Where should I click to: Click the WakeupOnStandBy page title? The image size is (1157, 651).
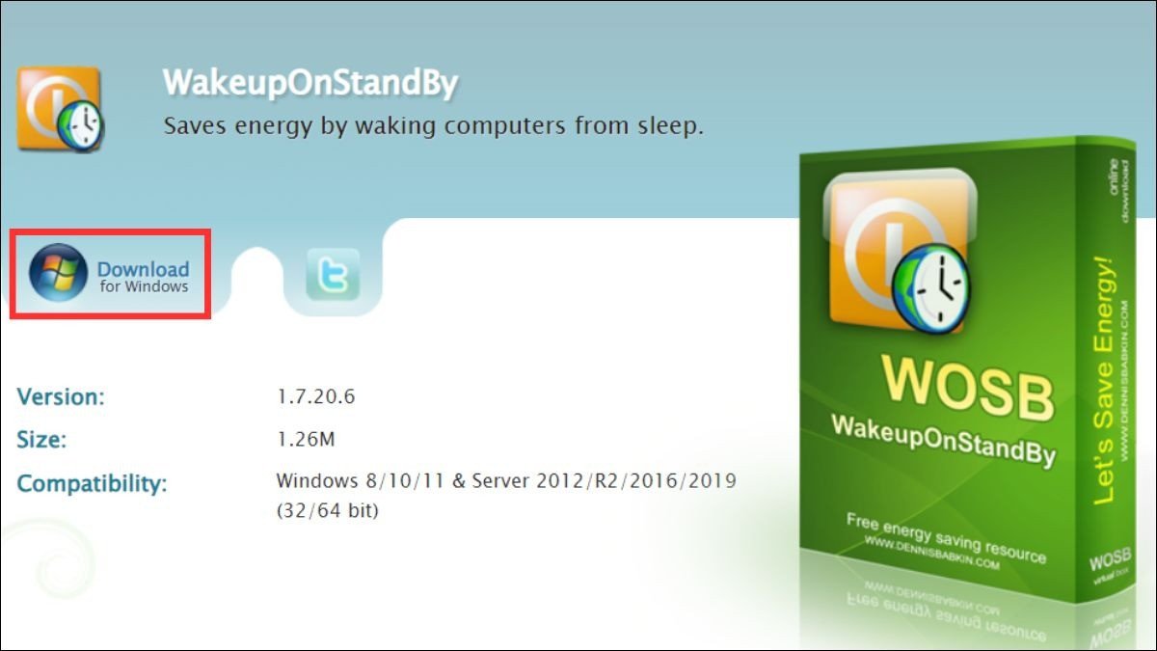309,84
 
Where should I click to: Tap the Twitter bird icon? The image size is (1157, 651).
333,274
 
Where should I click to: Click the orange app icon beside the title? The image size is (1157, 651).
59,108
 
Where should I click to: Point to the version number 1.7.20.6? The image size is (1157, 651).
315,396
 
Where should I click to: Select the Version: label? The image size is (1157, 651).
61,396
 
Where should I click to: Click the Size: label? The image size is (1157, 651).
41,441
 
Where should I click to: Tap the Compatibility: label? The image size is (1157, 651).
92,483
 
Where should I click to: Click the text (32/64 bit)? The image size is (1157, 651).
327,510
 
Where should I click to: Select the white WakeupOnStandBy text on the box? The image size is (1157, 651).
943,438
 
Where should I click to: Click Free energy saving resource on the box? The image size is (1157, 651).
945,538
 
